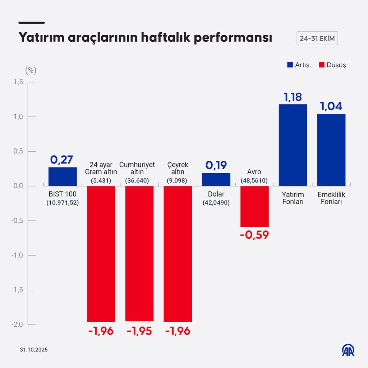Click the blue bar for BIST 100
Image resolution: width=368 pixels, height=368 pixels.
tap(63, 177)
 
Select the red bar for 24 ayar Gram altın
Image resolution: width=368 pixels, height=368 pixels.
tap(101, 254)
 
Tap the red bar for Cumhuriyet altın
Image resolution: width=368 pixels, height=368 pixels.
tap(139, 254)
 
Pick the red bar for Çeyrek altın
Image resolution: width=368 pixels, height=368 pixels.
tap(178, 254)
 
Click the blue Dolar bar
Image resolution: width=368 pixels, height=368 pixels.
tap(216, 179)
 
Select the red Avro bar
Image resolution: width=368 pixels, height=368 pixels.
tap(254, 206)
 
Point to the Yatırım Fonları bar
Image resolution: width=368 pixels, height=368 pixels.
tap(293, 145)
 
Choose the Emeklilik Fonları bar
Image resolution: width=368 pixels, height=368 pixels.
tap(331, 150)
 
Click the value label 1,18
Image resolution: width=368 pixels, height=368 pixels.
tap(293, 97)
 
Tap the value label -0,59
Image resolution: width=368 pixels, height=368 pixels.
tap(254, 235)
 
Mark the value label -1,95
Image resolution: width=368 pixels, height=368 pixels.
tap(139, 331)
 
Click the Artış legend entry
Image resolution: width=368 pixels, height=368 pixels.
tap(298, 65)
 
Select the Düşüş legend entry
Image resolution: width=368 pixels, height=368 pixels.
tap(332, 65)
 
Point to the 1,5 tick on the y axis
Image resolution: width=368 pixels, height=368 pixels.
tap(18, 82)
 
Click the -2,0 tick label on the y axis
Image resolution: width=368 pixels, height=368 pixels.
tap(17, 324)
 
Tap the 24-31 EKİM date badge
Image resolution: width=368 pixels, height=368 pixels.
tap(317, 39)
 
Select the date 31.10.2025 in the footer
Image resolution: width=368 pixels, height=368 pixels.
tap(34, 350)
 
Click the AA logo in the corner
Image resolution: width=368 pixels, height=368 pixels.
tap(348, 350)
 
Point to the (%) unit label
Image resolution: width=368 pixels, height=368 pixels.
tap(31, 71)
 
